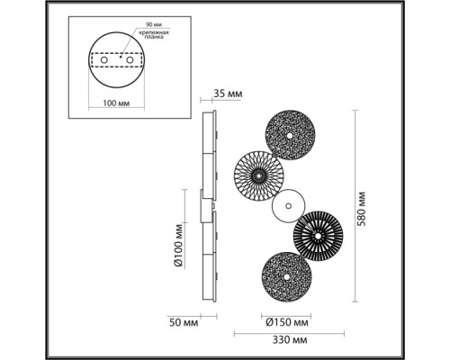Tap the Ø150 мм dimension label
pos(287,321)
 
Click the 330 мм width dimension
pos(289,342)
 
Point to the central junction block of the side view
pos(207,206)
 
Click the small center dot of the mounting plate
pos(117,64)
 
